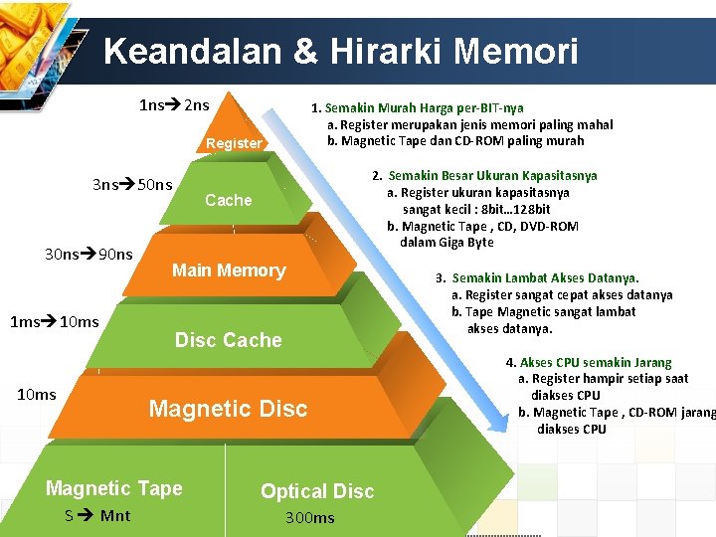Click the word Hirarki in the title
tap(374, 51)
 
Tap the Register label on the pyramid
tap(234, 143)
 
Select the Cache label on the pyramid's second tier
tap(228, 200)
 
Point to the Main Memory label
tap(229, 270)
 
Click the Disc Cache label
tap(229, 340)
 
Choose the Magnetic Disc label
tap(228, 409)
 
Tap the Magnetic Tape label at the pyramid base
tap(114, 488)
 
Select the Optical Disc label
tap(317, 491)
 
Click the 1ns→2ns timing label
tap(174, 103)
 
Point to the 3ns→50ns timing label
tap(132, 184)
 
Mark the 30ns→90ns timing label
tap(89, 254)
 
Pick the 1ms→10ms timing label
tap(54, 321)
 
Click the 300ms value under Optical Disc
tap(310, 517)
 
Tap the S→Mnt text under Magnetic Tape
tap(97, 515)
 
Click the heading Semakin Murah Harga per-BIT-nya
tap(424, 107)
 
